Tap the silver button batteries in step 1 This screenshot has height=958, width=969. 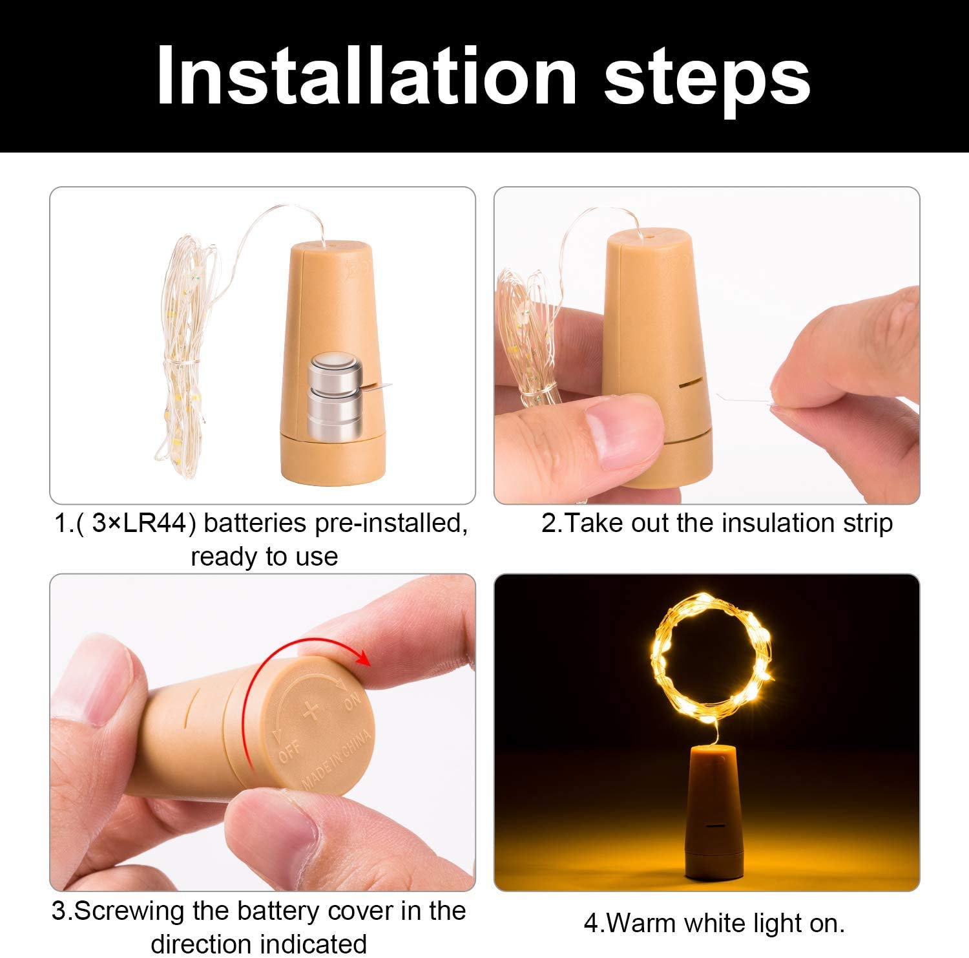click(334, 395)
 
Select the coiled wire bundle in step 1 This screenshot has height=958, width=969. click(184, 356)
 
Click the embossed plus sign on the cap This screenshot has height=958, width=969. click(311, 711)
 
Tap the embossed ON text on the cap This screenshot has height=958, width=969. click(353, 701)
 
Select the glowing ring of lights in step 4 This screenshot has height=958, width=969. click(711, 656)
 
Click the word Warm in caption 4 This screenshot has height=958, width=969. click(640, 923)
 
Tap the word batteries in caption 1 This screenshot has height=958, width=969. click(255, 523)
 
